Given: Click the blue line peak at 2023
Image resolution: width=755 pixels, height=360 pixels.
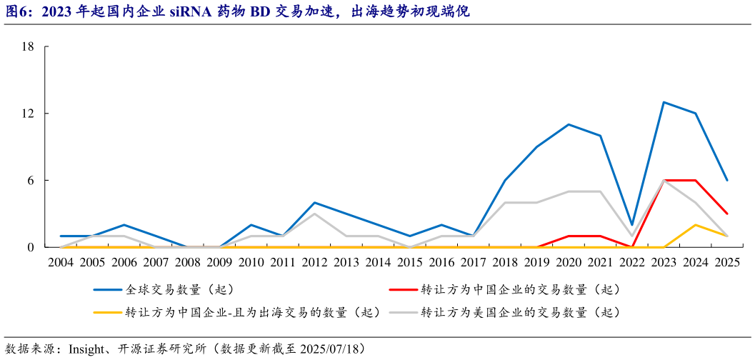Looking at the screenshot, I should [664, 102].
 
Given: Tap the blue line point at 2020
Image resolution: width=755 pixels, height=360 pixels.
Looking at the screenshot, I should [569, 124].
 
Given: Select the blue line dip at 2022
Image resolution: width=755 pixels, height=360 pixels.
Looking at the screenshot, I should [632, 225].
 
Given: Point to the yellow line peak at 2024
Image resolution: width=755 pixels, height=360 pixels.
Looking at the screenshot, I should [695, 225].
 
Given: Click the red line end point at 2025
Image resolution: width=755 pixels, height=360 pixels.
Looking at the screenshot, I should [727, 214].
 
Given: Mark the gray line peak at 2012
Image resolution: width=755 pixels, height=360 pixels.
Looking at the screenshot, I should [314, 214].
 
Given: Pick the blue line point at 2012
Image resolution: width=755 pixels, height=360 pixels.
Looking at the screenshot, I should [314, 203].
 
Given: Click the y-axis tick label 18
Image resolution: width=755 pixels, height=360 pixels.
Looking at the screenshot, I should [29, 47].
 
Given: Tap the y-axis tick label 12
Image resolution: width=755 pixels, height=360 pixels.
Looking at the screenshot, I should [29, 114].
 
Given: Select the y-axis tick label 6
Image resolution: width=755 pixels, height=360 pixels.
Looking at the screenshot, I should [31, 181].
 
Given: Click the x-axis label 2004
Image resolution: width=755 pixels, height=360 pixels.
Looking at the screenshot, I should [61, 262].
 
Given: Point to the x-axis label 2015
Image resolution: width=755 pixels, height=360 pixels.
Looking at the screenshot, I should [410, 262].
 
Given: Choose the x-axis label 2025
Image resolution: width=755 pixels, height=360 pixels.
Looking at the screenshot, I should [727, 262].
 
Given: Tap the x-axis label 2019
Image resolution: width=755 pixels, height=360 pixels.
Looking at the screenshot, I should [536, 262].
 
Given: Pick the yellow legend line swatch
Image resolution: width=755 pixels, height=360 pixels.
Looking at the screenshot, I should [107, 312].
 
